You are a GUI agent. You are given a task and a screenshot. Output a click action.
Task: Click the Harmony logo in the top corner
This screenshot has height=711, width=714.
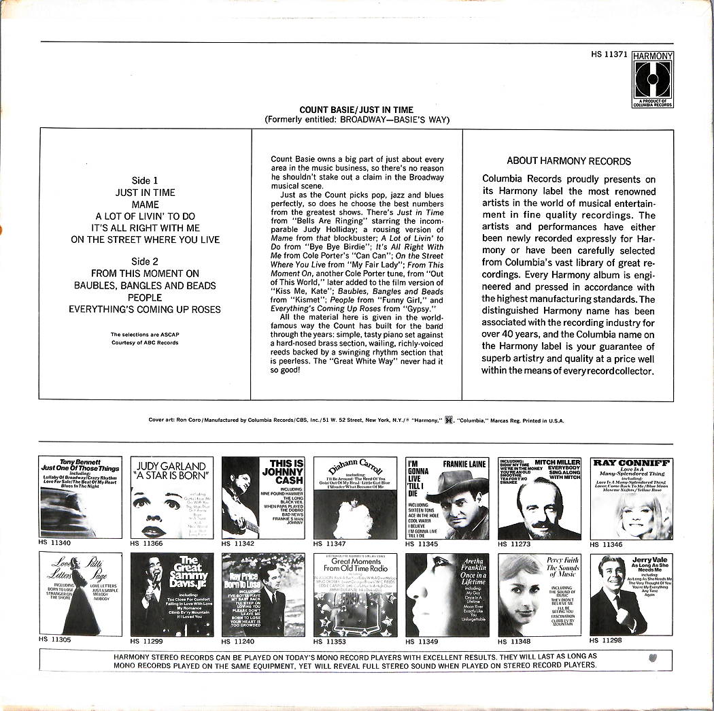point(652,79)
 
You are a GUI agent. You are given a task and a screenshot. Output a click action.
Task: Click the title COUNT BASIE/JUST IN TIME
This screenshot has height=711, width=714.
point(356,110)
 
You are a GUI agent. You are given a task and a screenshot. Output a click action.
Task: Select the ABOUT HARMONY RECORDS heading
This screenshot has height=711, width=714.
point(568,161)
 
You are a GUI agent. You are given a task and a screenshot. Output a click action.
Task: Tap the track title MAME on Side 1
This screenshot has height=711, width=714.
point(145,204)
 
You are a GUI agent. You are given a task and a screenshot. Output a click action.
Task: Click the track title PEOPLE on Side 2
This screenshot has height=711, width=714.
point(145,297)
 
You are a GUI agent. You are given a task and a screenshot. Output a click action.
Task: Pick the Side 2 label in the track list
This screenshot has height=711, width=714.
point(145,262)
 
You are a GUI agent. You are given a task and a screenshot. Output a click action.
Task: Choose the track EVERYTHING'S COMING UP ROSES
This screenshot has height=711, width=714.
point(145,309)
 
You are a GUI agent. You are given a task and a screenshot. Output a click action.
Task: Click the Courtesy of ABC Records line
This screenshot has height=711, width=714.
point(145,343)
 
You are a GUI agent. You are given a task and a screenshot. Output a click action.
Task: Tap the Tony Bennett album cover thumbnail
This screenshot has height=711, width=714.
point(80,497)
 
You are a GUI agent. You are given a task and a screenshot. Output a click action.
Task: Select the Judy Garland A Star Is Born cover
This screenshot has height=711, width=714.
point(171,497)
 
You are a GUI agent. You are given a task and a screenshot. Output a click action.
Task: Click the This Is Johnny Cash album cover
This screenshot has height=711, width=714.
point(263,497)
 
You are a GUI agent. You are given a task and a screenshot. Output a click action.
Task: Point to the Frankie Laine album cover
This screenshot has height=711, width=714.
point(447,498)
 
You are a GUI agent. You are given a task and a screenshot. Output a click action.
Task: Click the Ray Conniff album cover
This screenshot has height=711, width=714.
point(632,498)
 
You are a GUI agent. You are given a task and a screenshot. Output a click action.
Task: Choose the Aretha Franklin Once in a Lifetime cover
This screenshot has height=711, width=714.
point(447,595)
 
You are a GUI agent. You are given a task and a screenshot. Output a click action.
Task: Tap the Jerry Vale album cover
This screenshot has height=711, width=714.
point(632,595)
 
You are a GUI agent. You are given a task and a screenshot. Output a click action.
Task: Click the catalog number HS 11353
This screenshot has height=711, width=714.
point(330,641)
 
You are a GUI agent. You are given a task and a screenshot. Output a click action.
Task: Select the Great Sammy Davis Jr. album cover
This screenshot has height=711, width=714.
point(171,595)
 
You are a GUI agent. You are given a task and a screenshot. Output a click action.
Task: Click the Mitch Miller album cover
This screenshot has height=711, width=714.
point(539,498)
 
